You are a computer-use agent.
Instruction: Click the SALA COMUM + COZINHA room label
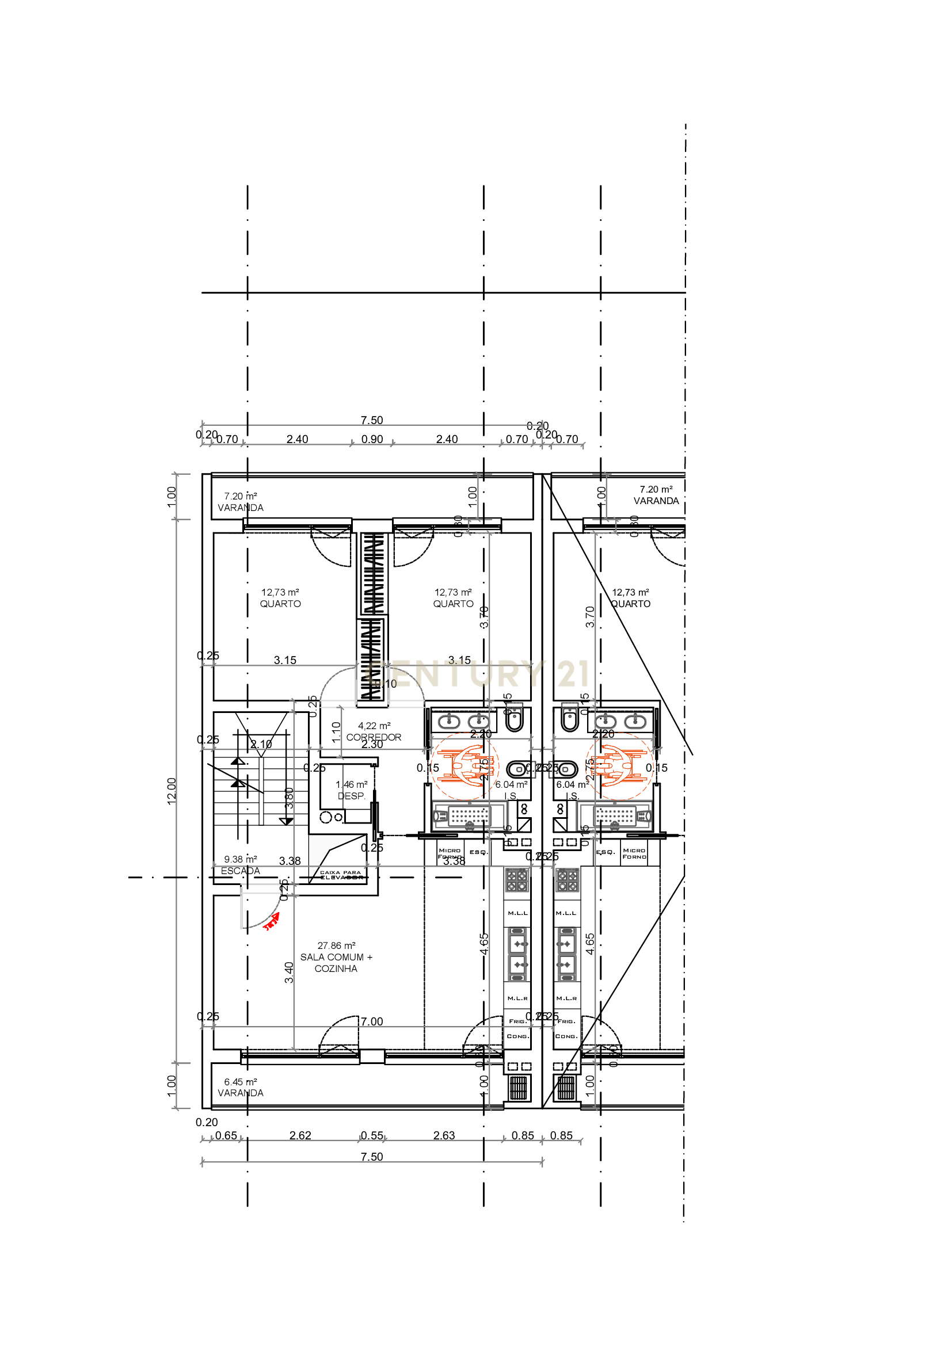tap(336, 957)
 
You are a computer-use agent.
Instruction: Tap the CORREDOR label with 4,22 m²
tap(374, 737)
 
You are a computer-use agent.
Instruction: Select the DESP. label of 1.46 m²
tap(351, 795)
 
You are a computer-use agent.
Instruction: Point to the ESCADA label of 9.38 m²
tap(241, 871)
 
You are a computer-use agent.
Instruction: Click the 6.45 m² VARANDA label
tap(241, 1093)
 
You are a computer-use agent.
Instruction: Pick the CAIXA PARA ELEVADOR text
tap(341, 875)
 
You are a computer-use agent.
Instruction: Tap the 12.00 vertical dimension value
tap(172, 791)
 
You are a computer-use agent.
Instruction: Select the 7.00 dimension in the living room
tap(372, 1021)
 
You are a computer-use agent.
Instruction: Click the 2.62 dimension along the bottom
tap(300, 1135)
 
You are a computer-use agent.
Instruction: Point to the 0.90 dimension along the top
tap(372, 439)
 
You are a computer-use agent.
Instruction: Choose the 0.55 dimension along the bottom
tap(372, 1135)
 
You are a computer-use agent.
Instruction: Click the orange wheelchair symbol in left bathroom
tap(466, 765)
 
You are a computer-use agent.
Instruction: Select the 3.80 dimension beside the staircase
tap(289, 798)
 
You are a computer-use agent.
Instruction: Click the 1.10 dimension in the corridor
tap(336, 732)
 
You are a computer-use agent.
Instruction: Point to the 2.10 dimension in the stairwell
tap(261, 744)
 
